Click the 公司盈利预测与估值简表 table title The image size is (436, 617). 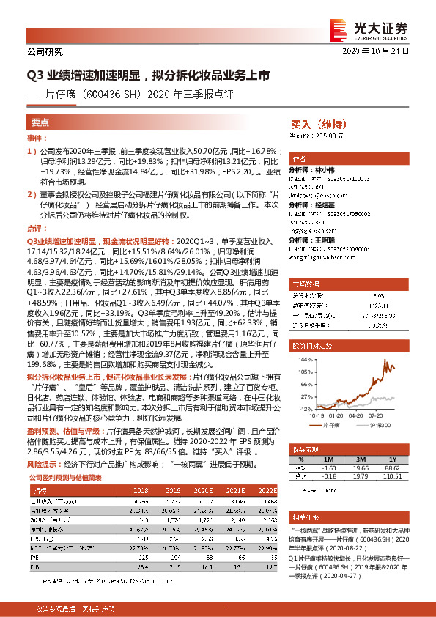click(x=66, y=476)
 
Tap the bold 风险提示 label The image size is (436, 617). click(x=43, y=464)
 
